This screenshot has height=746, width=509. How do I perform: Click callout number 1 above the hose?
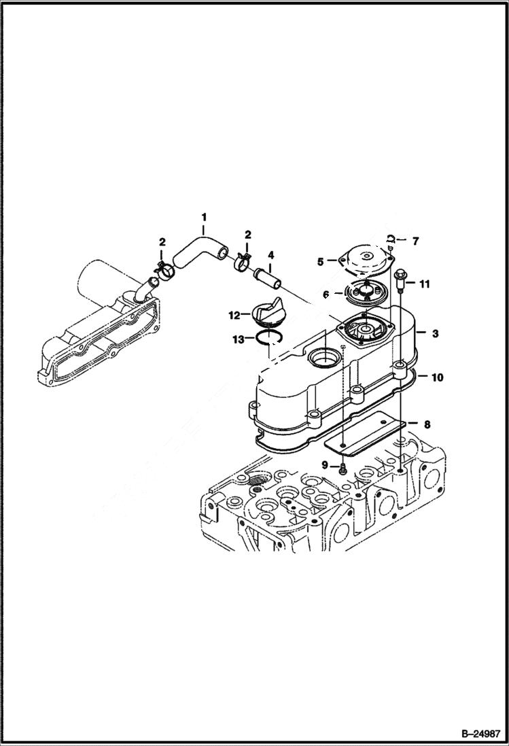click(203, 218)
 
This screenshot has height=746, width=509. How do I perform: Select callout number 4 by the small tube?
click(270, 256)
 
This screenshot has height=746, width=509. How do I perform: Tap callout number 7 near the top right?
click(416, 240)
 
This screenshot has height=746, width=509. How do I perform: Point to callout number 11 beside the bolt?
click(424, 284)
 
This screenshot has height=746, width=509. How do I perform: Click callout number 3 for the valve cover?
click(435, 333)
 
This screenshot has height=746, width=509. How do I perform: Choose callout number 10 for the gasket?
click(437, 376)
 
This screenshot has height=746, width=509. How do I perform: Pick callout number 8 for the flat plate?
click(427, 424)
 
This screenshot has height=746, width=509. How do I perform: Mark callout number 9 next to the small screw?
click(326, 464)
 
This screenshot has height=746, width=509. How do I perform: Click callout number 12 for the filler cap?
click(234, 315)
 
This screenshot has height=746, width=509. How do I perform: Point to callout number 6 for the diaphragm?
click(326, 294)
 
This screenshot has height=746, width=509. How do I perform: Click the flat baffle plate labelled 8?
click(364, 435)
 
